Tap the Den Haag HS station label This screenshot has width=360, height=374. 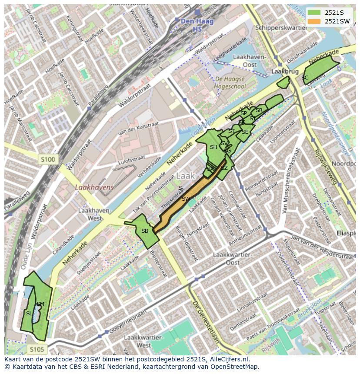[x=194, y=25]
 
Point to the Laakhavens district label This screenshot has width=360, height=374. [x=94, y=188]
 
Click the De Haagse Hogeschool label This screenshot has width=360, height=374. [x=230, y=83]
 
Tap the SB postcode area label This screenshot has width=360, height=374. [x=145, y=231]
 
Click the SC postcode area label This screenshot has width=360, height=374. [x=305, y=78]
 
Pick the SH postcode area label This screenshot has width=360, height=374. [x=213, y=147]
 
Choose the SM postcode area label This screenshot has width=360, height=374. [x=40, y=304]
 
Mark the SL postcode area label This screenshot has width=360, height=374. [x=29, y=313]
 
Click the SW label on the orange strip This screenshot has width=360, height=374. [x=186, y=199]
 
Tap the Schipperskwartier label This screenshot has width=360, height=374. [x=275, y=27]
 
